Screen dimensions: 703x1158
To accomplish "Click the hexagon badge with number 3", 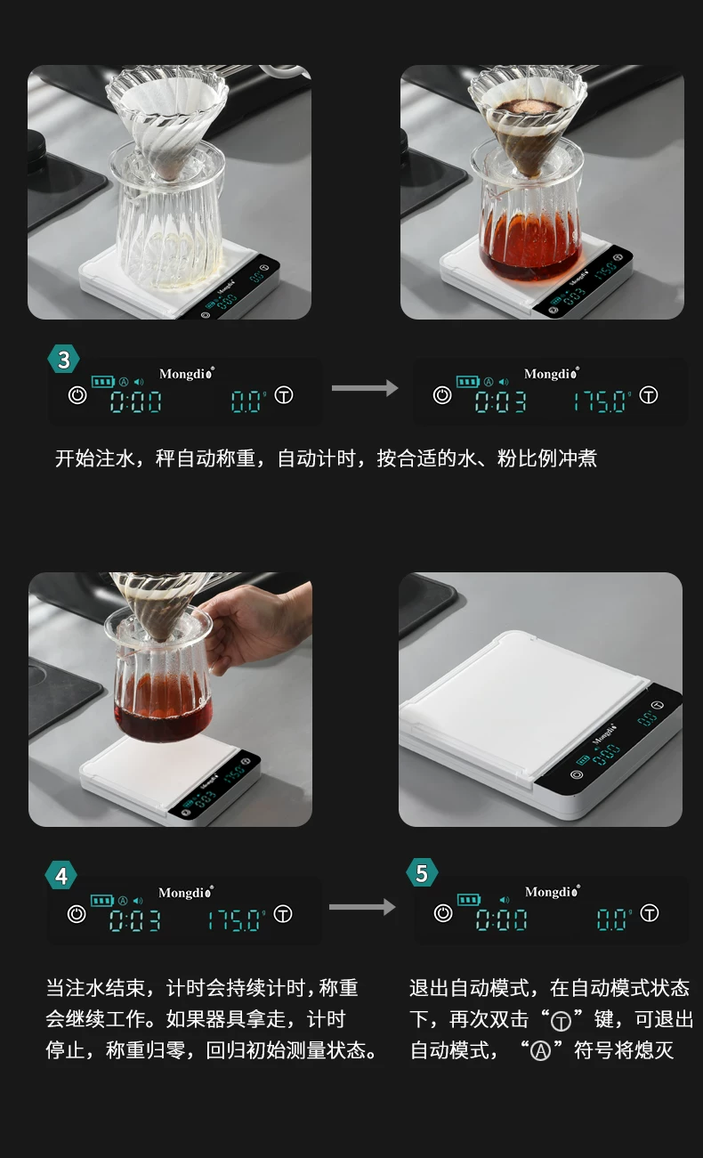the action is coord(63,360).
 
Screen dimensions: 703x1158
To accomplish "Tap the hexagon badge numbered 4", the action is coord(61,876).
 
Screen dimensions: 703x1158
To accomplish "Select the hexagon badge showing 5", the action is coord(423,872).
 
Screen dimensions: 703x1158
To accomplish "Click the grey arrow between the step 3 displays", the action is coord(365,388).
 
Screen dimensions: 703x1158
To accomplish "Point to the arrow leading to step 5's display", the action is coord(362,906).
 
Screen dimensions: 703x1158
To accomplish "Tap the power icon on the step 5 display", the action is coord(443,913).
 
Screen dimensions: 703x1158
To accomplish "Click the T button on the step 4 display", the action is coord(283,914).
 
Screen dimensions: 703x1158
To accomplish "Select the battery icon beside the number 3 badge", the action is coord(103,382).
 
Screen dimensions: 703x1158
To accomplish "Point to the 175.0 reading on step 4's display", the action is coord(236,920).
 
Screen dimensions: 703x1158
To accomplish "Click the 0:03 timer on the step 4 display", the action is coord(135,920).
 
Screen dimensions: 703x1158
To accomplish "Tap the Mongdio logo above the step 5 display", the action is coord(552,891).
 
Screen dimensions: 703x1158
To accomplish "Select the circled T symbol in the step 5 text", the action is coord(561,1021).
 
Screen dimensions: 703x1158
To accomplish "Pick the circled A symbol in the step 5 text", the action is coord(541,1051).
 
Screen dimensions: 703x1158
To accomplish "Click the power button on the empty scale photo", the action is coord(577,774).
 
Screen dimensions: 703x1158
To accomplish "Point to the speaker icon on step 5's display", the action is coord(505,900).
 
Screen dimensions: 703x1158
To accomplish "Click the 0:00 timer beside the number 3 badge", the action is coord(136,401).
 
